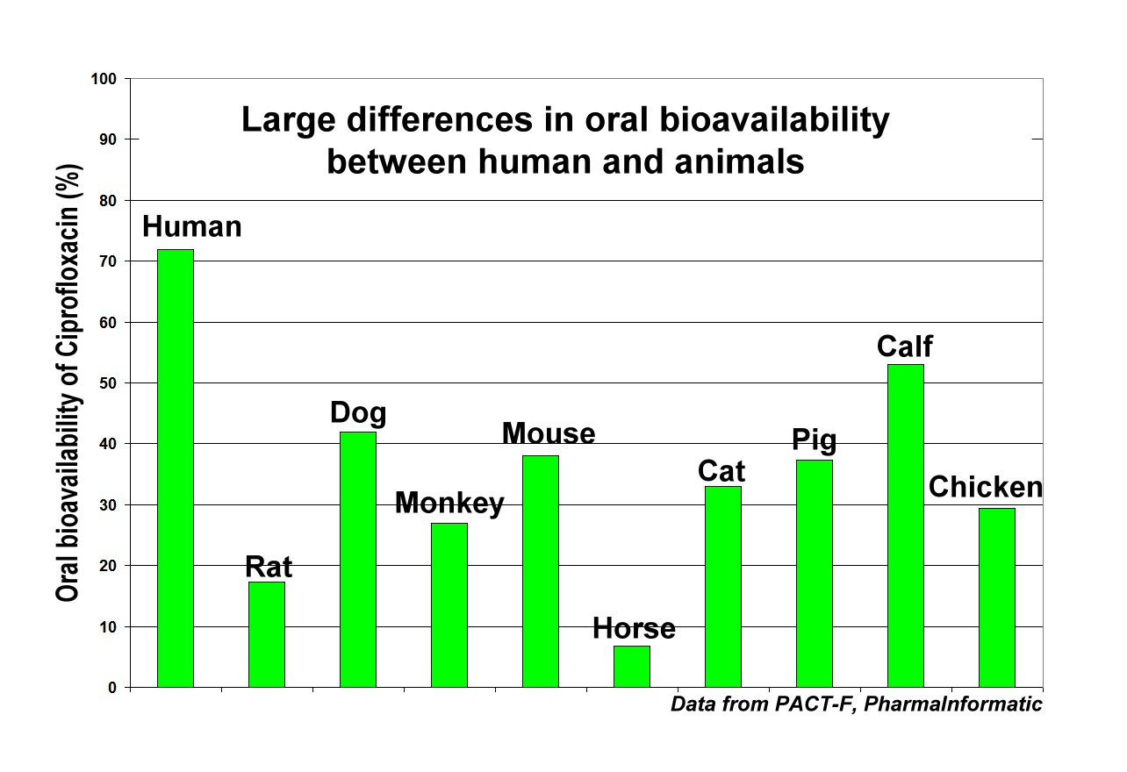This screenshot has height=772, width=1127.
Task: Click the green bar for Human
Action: point(176,468)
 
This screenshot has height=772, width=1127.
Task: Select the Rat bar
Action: point(267,634)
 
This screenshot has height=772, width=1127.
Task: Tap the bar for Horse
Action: point(632,667)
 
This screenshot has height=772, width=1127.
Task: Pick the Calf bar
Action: point(906,525)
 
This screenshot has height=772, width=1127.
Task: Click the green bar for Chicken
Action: point(997,598)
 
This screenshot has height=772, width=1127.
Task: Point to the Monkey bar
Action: point(449,605)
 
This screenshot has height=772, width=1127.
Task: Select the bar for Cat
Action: point(723,587)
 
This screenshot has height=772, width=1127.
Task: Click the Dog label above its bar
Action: point(358,413)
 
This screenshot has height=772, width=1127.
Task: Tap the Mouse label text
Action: point(549,433)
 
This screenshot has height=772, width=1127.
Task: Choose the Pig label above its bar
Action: point(814,440)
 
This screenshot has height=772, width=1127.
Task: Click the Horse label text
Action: point(634,628)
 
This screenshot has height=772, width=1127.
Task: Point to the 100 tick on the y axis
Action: point(104,79)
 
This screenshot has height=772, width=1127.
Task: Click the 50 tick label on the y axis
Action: point(108,383)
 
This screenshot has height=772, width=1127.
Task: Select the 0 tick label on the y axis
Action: point(112,688)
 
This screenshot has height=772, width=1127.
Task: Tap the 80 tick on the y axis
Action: point(108,201)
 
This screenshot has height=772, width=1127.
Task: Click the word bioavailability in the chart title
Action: point(774,121)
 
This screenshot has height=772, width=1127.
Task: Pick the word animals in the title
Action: point(739,162)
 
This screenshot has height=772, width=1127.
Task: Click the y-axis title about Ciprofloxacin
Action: point(68,382)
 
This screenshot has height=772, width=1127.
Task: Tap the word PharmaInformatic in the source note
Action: point(953,704)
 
